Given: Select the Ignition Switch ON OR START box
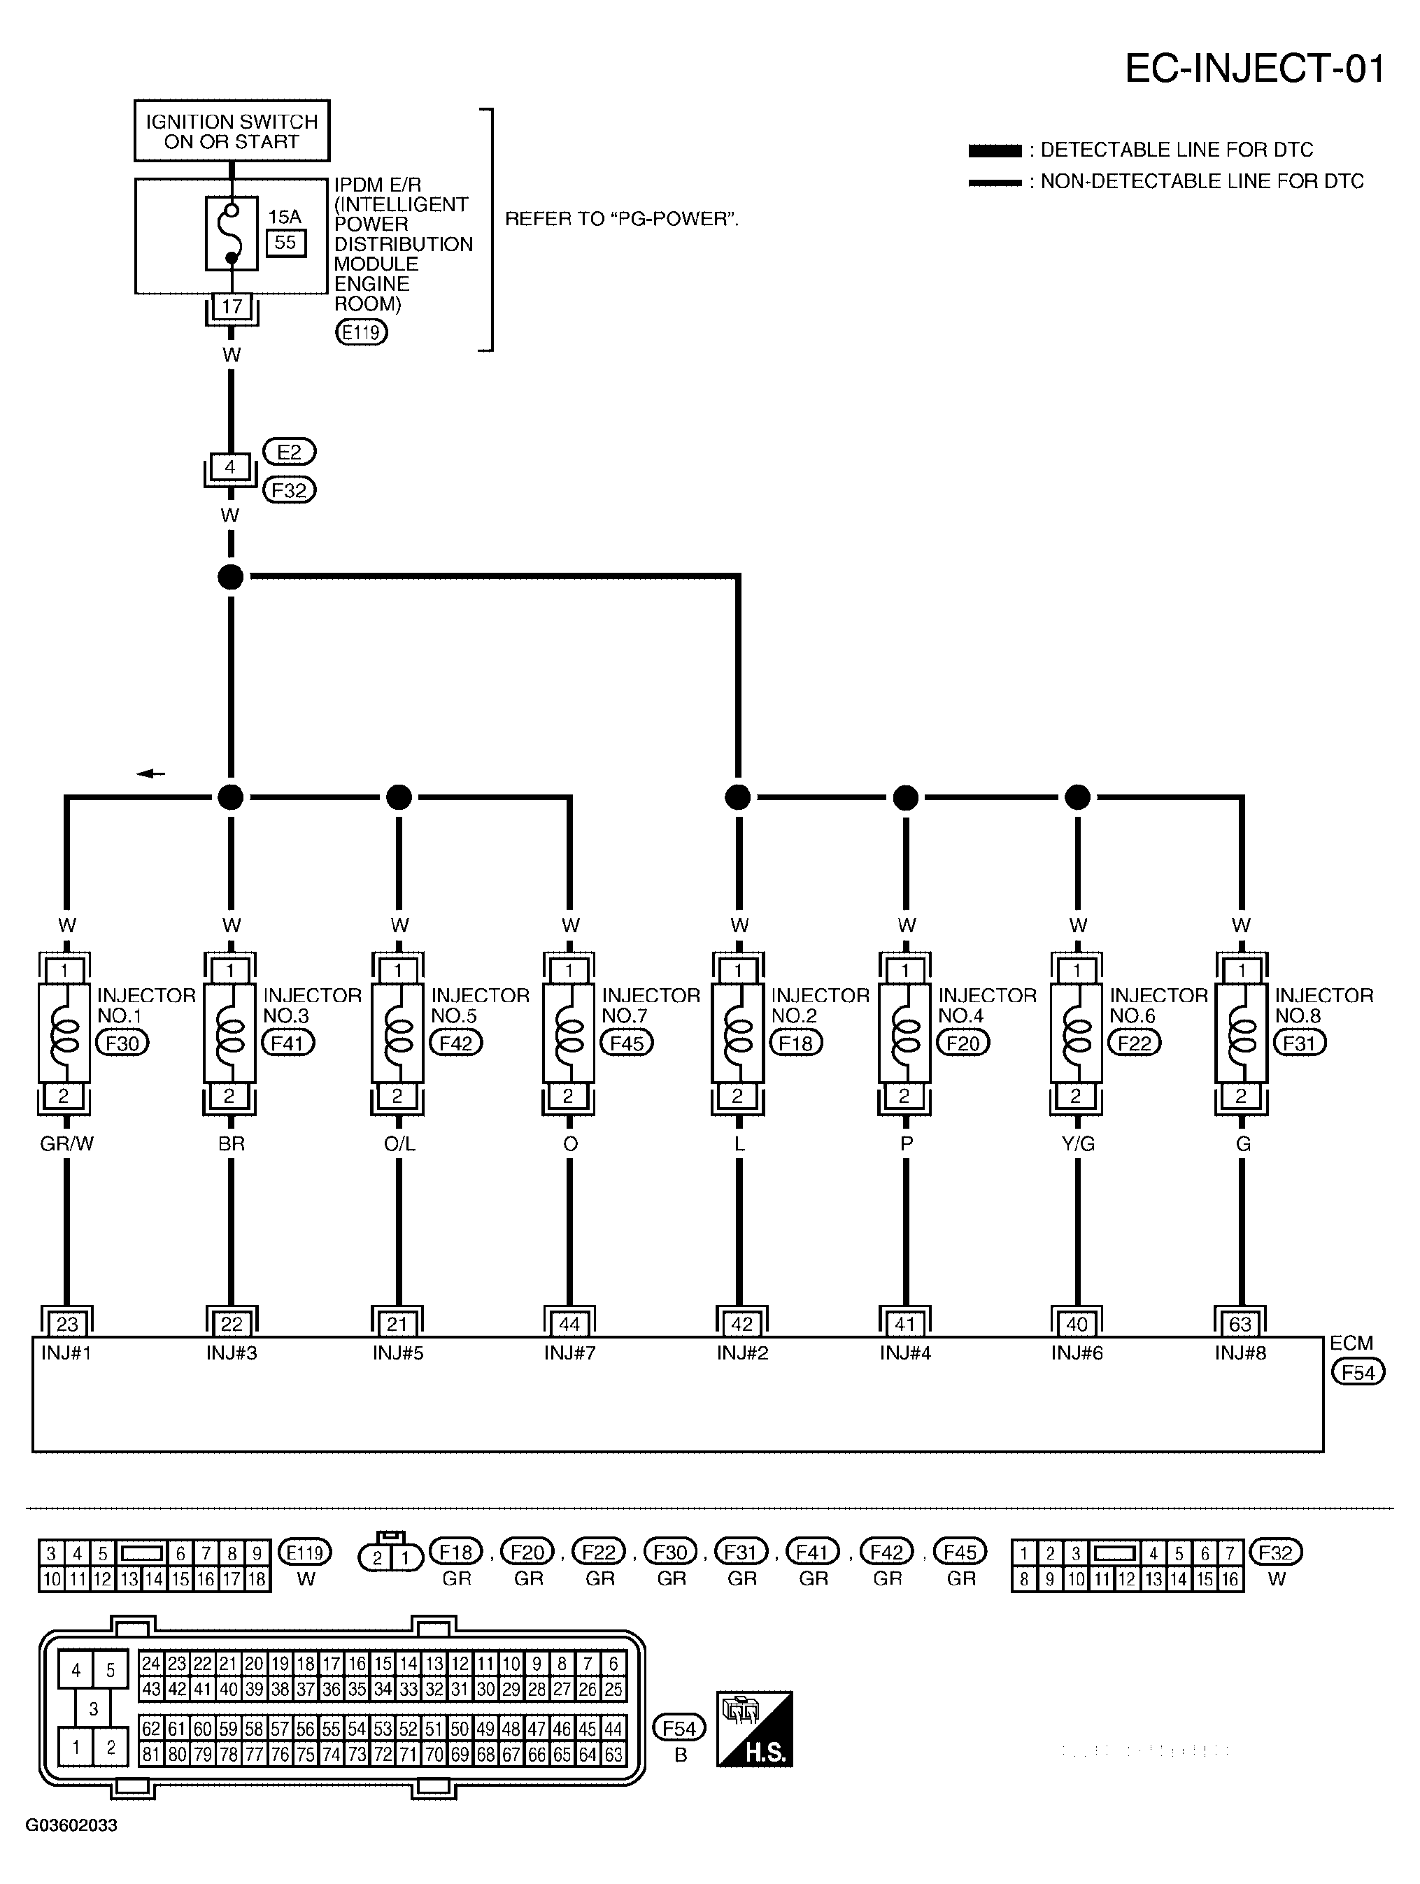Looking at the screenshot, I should click(232, 131).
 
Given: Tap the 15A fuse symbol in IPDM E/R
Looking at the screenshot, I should click(232, 234).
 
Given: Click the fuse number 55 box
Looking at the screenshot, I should click(285, 243).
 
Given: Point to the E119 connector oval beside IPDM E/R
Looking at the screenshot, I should click(361, 332).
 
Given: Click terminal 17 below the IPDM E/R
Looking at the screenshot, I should click(232, 306).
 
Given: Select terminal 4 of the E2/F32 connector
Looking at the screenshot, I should click(230, 466).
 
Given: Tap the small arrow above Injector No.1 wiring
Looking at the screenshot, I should click(151, 773).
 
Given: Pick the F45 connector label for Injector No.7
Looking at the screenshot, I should click(626, 1043).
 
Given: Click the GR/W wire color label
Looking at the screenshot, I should click(66, 1145).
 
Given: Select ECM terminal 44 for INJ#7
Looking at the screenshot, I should click(569, 1325).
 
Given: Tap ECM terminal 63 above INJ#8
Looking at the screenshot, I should click(1240, 1325).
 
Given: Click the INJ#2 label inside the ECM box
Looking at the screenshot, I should click(742, 1353).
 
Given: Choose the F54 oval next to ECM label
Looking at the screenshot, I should click(1358, 1372).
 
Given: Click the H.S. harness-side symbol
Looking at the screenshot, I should click(754, 1729).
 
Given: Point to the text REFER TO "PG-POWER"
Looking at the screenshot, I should click(622, 220).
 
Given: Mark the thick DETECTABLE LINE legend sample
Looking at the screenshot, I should click(994, 151).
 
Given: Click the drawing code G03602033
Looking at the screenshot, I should click(71, 1825).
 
